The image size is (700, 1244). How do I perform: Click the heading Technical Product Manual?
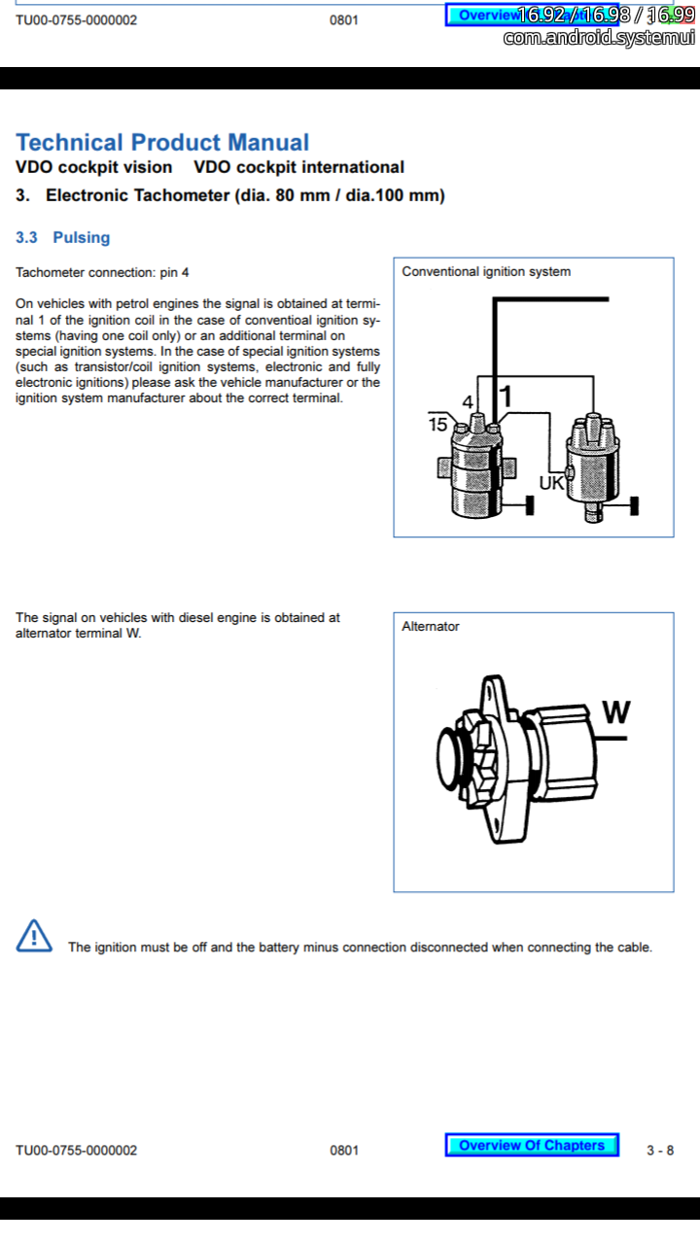coord(162,143)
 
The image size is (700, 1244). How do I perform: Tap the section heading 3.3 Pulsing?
coord(63,237)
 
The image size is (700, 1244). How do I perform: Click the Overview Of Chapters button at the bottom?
coord(532,1145)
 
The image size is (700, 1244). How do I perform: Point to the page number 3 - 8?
coord(660,1150)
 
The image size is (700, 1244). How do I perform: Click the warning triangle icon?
coord(34,936)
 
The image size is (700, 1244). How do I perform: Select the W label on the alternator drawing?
coord(615,712)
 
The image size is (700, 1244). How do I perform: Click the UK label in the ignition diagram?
coord(551,482)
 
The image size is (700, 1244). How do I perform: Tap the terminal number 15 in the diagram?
coord(437,424)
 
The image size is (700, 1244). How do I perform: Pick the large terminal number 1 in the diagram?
coord(506,397)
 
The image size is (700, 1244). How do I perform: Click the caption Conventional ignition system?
coord(486,271)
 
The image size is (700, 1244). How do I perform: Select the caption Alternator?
coord(431,627)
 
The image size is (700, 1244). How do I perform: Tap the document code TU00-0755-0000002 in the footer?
coord(77,1150)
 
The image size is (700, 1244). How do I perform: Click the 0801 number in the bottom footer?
coord(344,1150)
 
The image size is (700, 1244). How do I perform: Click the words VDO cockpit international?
coord(298,167)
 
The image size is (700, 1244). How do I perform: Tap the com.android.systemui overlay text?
coord(599,38)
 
